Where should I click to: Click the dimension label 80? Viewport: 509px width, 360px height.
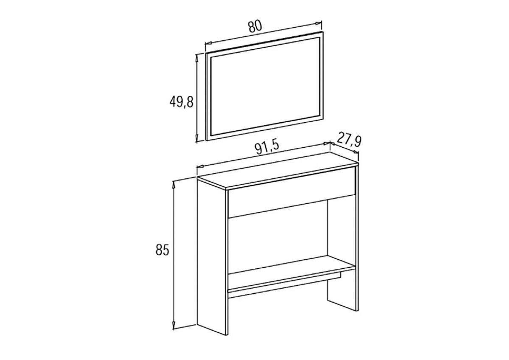255,27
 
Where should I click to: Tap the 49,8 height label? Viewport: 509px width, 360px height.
182,101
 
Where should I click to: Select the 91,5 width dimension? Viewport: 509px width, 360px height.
267,148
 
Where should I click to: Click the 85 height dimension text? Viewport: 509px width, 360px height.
162,250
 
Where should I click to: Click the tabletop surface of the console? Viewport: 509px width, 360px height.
278,171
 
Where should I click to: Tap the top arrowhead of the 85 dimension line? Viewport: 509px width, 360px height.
173,184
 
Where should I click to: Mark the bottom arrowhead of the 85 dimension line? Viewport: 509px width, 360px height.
173,326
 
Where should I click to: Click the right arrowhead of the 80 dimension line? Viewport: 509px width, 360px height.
319,23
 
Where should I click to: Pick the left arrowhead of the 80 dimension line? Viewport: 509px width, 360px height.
209,42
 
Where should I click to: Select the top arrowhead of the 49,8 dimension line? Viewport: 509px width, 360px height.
197,59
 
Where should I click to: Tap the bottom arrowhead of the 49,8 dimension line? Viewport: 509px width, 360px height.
197,138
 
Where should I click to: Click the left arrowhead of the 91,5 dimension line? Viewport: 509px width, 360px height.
200,167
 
